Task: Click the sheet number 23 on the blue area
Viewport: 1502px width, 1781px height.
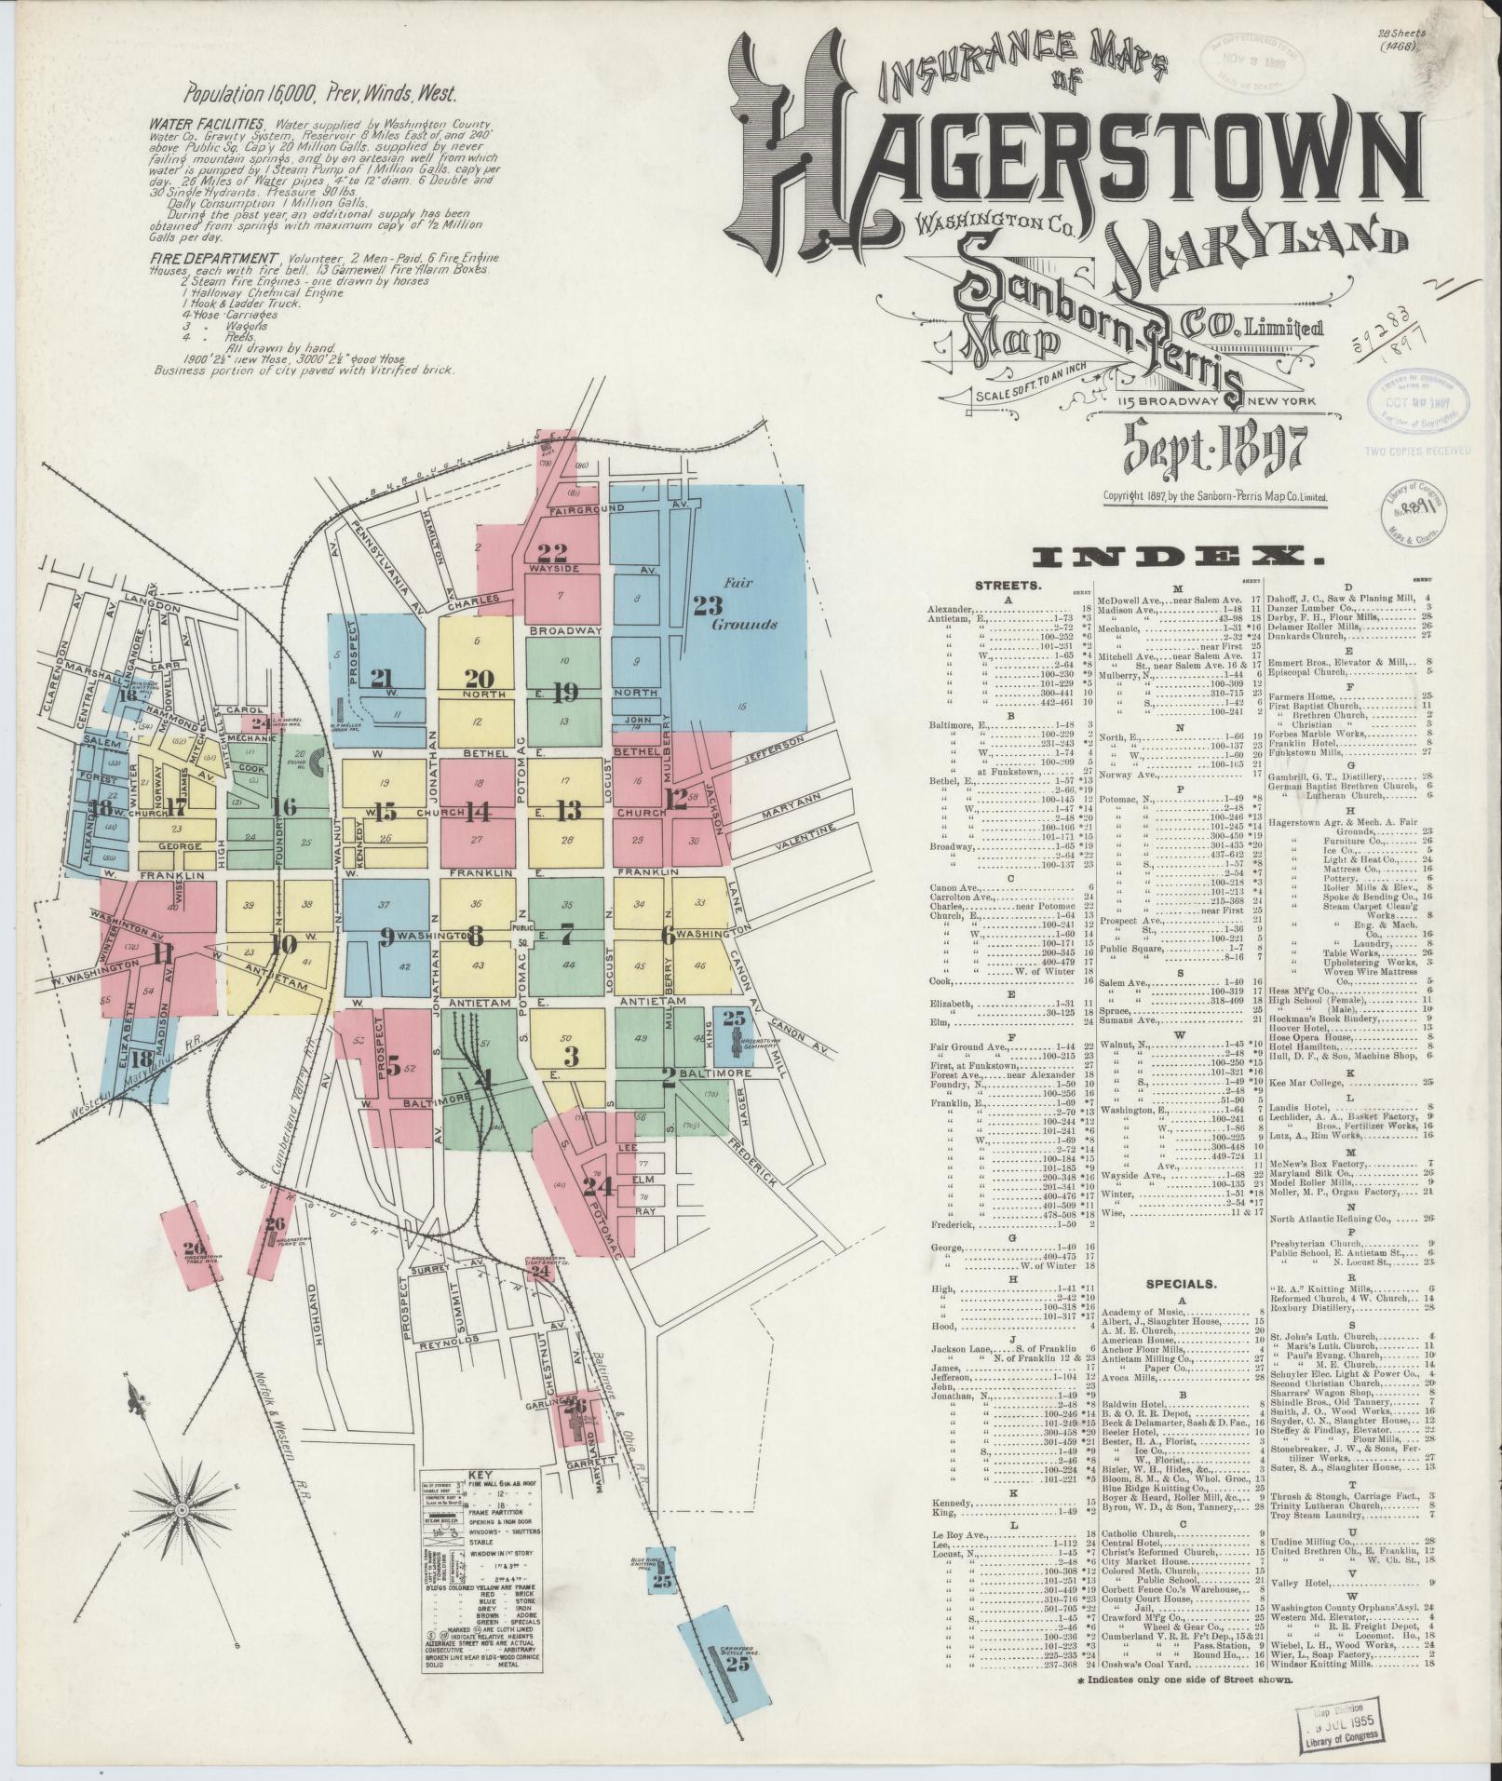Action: click(708, 605)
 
